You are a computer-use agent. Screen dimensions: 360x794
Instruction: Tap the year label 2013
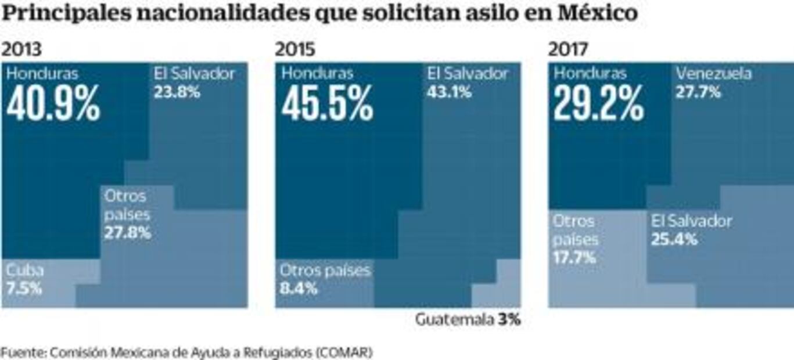click(x=21, y=49)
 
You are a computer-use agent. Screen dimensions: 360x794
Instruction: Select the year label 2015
click(x=295, y=49)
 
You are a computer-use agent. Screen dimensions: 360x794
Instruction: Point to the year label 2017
click(x=568, y=49)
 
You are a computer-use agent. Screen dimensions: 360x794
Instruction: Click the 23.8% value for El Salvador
click(x=177, y=92)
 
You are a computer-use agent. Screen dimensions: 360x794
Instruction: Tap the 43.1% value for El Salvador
click(x=450, y=92)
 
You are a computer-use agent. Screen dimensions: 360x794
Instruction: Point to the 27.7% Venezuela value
click(x=698, y=92)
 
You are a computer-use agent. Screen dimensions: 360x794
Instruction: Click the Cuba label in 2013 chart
click(x=25, y=270)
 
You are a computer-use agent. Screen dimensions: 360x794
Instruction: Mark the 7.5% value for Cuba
click(x=24, y=288)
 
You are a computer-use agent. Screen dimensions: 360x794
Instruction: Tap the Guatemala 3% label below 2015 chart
click(x=468, y=320)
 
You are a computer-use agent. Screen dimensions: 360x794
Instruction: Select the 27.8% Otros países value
click(x=127, y=233)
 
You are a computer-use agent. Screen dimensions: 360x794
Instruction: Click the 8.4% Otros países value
click(x=299, y=288)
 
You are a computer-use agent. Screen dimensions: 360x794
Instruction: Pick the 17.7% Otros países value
click(x=574, y=258)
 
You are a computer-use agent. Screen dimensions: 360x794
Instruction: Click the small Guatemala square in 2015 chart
click(x=496, y=296)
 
